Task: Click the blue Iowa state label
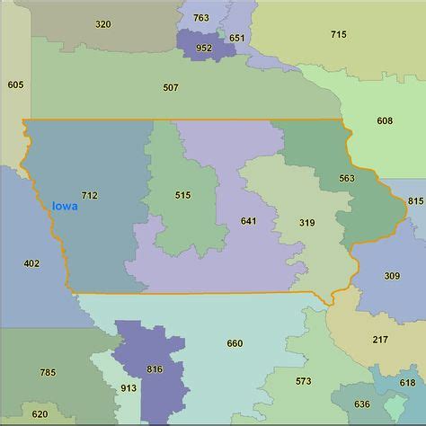[65, 206]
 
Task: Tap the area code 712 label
[89, 195]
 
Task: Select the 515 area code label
[183, 195]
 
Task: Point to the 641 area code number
[249, 220]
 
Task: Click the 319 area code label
[307, 223]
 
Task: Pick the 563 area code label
[347, 178]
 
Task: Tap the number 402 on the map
[31, 263]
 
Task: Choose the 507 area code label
[171, 87]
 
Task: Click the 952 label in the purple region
[204, 48]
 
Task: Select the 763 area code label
[201, 18]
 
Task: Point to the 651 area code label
[236, 38]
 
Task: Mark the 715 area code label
[338, 34]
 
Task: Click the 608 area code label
[385, 120]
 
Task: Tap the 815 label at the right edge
[415, 201]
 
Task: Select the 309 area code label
[392, 276]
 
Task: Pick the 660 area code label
[235, 343]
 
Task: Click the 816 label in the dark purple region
[155, 369]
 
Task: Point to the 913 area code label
[129, 388]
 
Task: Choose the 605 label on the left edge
[15, 84]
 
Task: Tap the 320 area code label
[103, 24]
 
